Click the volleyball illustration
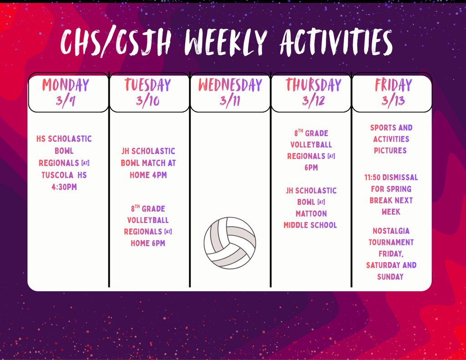pyautogui.click(x=230, y=243)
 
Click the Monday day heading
pyautogui.click(x=66, y=85)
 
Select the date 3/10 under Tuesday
pyautogui.click(x=148, y=101)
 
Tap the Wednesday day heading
pyautogui.click(x=230, y=85)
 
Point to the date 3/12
pyautogui.click(x=314, y=101)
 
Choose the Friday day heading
pyautogui.click(x=393, y=85)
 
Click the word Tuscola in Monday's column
pyautogui.click(x=57, y=175)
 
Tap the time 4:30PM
pyautogui.click(x=64, y=187)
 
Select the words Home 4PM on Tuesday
pyautogui.click(x=148, y=175)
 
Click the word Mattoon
pyautogui.click(x=311, y=214)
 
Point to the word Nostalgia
pyautogui.click(x=391, y=231)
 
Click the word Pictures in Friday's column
pyautogui.click(x=390, y=151)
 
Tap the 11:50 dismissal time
pyautogui.click(x=372, y=177)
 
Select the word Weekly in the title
pyautogui.click(x=226, y=42)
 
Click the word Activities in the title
pyautogui.click(x=336, y=42)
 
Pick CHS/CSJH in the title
pyautogui.click(x=116, y=42)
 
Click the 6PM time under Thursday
pyautogui.click(x=311, y=167)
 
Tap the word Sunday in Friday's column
pyautogui.click(x=390, y=277)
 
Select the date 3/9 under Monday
pyautogui.click(x=66, y=101)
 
